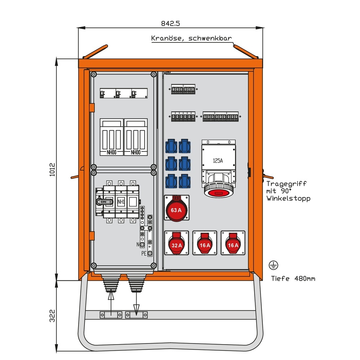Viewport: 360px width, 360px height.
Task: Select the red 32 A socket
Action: (176, 243)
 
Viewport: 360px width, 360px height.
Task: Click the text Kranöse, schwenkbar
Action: (191, 39)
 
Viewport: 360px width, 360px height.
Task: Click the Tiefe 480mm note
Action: (293, 278)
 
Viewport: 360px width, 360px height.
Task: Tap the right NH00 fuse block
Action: (135, 137)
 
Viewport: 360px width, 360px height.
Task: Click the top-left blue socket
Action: (171, 147)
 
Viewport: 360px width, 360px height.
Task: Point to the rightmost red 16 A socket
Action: (233, 243)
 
